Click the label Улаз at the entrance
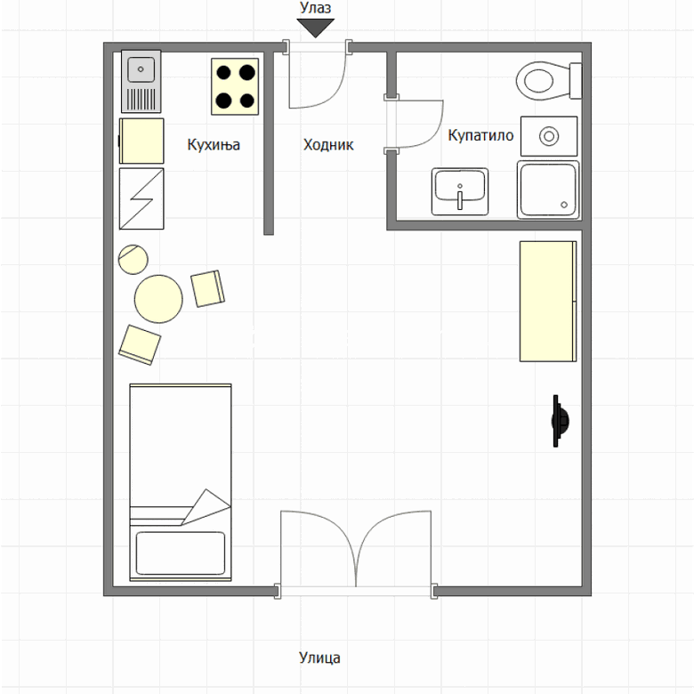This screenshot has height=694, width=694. point(315,8)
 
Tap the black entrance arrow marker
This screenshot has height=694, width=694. point(316,28)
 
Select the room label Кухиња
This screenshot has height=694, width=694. point(214,145)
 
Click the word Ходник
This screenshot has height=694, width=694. point(328,145)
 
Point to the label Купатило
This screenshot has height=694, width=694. point(480,135)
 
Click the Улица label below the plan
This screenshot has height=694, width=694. point(319,658)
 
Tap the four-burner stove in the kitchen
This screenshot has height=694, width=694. point(235,87)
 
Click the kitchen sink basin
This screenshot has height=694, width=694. point(141,69)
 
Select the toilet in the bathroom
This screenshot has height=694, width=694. point(549,81)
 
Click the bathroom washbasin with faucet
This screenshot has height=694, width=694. point(460,191)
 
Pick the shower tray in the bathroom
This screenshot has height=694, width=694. point(548,190)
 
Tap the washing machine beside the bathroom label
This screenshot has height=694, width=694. point(549,136)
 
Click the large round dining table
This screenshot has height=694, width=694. point(158,299)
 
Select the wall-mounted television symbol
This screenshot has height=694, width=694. point(561,421)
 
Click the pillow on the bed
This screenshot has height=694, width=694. point(180,553)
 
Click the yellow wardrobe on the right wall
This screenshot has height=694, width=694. point(548,302)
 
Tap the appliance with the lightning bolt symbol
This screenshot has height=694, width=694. point(141,198)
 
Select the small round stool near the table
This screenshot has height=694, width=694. point(133,260)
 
